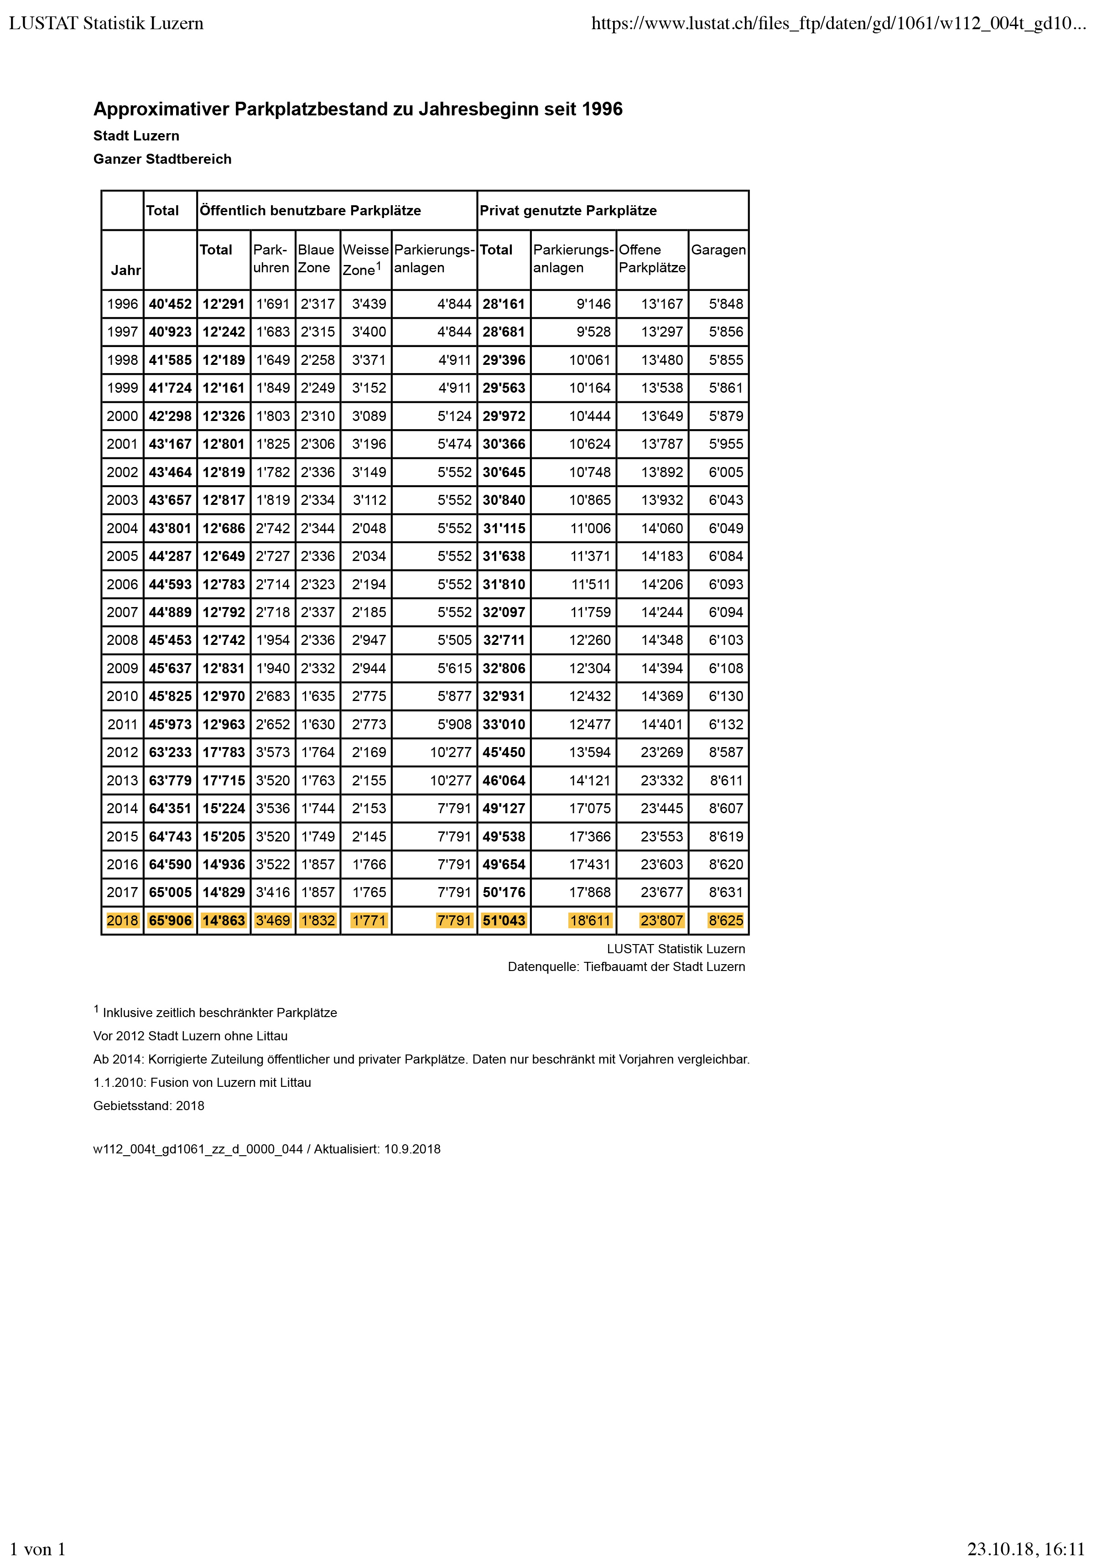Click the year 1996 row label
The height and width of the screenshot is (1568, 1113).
point(122,304)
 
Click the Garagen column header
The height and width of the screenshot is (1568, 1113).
point(718,250)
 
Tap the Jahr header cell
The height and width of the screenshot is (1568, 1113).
point(125,270)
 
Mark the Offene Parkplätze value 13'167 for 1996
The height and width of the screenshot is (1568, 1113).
point(661,304)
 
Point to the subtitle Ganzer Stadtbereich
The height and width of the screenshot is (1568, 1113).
point(162,159)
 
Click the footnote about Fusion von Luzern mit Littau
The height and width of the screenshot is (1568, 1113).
point(202,1082)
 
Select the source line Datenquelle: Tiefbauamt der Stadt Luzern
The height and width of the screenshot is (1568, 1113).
point(626,966)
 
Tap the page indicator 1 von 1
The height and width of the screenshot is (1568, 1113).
point(38,1549)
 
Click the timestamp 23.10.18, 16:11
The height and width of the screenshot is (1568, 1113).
point(1026,1549)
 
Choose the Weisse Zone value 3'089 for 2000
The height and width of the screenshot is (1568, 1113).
point(369,416)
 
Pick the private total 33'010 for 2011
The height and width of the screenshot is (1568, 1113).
point(504,724)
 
